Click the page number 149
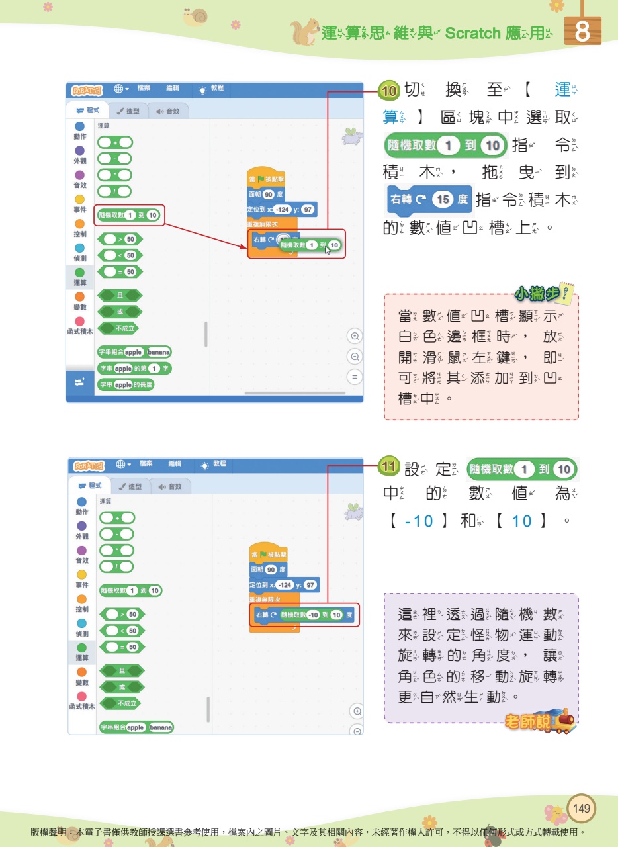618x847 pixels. click(582, 808)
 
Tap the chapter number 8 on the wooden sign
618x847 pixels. click(582, 32)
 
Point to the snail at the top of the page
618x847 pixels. click(196, 17)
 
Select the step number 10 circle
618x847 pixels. click(390, 90)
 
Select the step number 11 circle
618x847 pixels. click(390, 468)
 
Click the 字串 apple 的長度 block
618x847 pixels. click(126, 384)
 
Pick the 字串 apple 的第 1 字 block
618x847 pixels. click(134, 368)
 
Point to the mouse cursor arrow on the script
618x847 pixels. click(328, 251)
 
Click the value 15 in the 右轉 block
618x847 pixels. click(442, 199)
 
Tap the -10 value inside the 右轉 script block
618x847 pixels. click(313, 615)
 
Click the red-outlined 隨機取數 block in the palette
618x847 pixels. click(129, 215)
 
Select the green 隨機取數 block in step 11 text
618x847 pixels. click(521, 470)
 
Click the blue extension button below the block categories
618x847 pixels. click(80, 383)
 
